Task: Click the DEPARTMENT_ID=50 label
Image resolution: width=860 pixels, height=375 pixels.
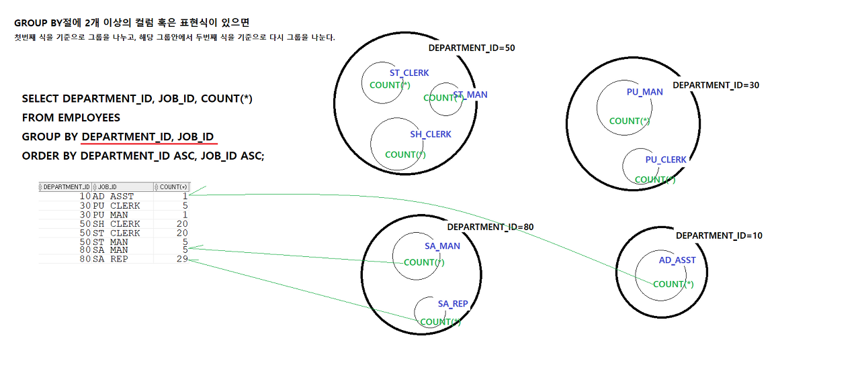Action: [x=471, y=48]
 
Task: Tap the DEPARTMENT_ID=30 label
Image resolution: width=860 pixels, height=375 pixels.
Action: [x=716, y=85]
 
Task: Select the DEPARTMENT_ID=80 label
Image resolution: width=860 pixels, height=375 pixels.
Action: [x=490, y=227]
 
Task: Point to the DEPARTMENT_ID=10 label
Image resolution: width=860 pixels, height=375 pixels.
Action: [x=719, y=235]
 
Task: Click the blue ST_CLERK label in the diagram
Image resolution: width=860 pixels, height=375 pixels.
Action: [x=409, y=73]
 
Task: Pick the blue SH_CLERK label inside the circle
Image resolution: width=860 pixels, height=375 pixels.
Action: [x=431, y=134]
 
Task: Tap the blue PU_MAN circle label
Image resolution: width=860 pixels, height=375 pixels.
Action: [x=644, y=92]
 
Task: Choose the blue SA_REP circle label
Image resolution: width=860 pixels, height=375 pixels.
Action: [x=453, y=304]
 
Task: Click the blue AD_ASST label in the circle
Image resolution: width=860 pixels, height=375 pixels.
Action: [x=677, y=260]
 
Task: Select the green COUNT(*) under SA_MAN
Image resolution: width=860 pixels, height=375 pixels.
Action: [x=424, y=262]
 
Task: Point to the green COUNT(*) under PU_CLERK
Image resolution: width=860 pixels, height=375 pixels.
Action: [x=655, y=180]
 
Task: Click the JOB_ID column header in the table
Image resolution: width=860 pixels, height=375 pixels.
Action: [x=108, y=186]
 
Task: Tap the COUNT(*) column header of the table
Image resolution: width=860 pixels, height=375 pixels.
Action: [x=172, y=186]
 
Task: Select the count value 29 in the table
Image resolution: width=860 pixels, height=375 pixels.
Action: [x=181, y=259]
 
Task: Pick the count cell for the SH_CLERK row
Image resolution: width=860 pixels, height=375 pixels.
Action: [x=181, y=224]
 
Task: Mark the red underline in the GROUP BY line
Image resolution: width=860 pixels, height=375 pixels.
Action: [x=148, y=143]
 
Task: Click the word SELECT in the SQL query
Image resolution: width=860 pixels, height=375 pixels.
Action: [x=40, y=99]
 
